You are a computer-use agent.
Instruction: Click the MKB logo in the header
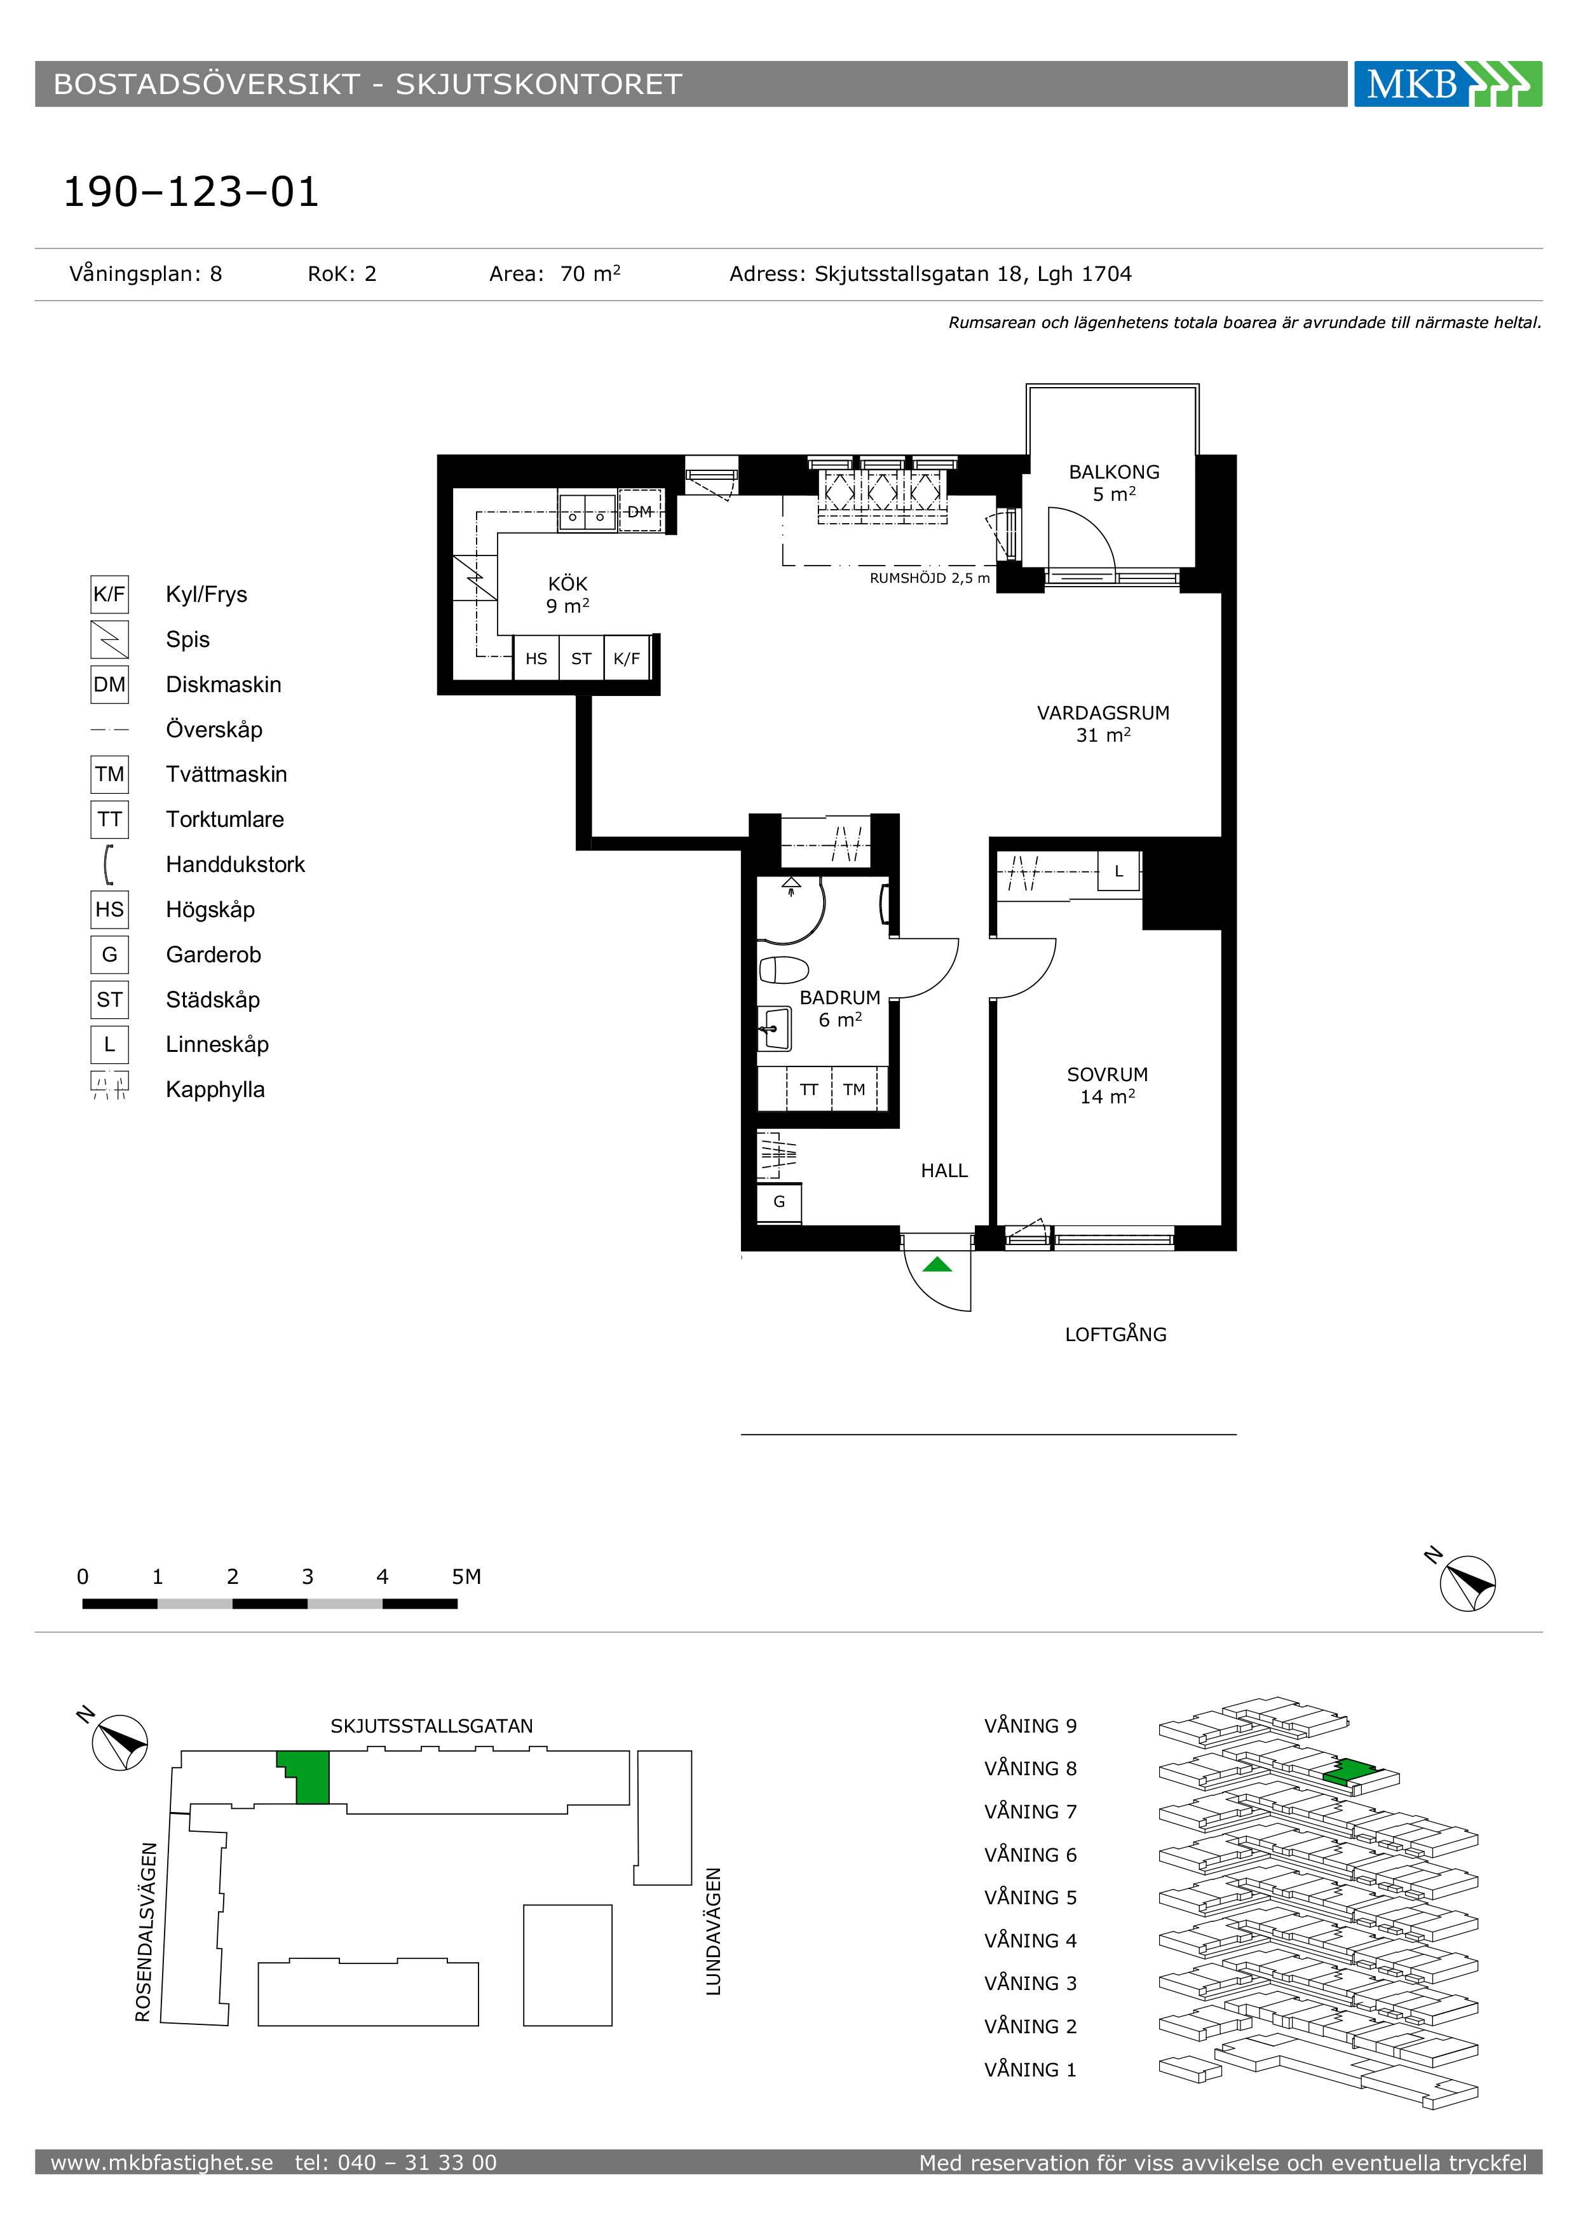pyautogui.click(x=1447, y=83)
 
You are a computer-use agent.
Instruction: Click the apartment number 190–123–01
pyautogui.click(x=191, y=192)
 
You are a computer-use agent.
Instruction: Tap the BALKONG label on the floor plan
pyautogui.click(x=1114, y=472)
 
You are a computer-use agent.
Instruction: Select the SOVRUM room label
pyautogui.click(x=1107, y=1075)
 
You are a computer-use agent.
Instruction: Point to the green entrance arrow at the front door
pyautogui.click(x=937, y=1264)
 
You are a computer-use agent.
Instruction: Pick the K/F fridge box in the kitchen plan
pyautogui.click(x=627, y=658)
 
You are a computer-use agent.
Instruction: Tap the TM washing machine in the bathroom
pyautogui.click(x=854, y=1089)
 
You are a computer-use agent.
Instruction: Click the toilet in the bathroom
pyautogui.click(x=784, y=970)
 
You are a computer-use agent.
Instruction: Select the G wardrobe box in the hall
pyautogui.click(x=779, y=1202)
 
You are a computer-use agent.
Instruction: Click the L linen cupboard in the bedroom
pyautogui.click(x=1119, y=871)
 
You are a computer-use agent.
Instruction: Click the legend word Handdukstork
pyautogui.click(x=235, y=864)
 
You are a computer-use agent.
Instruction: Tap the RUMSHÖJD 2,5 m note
pyautogui.click(x=930, y=578)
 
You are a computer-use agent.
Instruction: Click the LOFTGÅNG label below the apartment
pyautogui.click(x=1116, y=1334)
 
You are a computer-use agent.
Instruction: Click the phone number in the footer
pyautogui.click(x=396, y=2163)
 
